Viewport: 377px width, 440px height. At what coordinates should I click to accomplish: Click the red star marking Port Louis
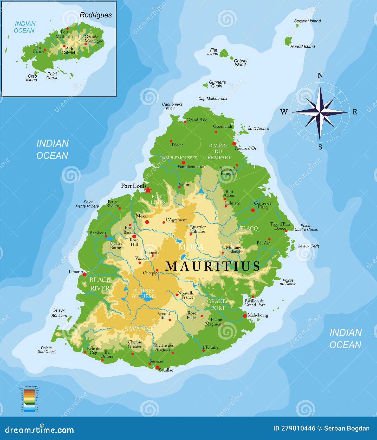148,190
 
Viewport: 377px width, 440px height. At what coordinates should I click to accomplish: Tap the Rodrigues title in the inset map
96,15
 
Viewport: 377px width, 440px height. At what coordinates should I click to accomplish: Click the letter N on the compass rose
320,76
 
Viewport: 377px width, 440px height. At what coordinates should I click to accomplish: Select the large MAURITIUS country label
213,266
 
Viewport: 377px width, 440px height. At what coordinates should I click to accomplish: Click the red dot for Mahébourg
245,316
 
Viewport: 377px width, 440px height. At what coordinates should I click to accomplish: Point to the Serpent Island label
307,21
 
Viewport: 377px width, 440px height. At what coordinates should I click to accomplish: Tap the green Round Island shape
288,41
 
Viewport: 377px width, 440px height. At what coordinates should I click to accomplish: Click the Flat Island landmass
224,54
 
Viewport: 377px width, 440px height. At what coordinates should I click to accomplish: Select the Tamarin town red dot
84,274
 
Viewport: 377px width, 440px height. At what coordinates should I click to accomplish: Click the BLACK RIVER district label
100,284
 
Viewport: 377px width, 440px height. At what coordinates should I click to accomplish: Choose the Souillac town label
166,370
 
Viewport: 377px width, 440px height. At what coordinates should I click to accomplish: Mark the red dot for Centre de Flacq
253,210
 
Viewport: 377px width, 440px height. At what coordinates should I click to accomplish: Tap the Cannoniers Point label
172,106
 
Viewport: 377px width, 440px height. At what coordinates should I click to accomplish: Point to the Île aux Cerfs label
309,246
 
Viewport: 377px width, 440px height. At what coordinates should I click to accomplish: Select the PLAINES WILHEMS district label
144,293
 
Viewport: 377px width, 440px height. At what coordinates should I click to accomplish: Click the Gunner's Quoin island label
217,84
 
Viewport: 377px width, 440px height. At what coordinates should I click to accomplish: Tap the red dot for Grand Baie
185,122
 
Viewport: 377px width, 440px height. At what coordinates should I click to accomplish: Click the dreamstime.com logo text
40,430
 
